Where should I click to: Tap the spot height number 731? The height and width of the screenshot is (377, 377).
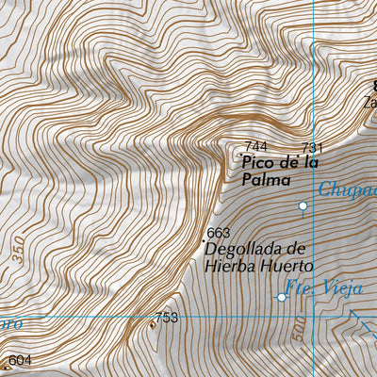[x=312, y=148]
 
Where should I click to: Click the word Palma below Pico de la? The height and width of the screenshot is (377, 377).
[x=261, y=178]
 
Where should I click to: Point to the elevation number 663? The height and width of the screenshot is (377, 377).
[x=218, y=233]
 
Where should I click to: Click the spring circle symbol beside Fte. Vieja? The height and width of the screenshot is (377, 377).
[x=282, y=298]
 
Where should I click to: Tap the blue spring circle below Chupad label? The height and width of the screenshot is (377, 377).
[x=303, y=205]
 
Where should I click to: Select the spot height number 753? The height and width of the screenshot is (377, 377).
[x=167, y=318]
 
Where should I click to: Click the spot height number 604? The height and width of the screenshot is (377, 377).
[x=20, y=360]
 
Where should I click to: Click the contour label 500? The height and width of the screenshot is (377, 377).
[x=298, y=332]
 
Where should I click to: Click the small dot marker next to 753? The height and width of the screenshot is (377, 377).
[x=152, y=325]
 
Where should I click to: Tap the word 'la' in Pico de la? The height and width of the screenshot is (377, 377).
[x=310, y=162]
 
